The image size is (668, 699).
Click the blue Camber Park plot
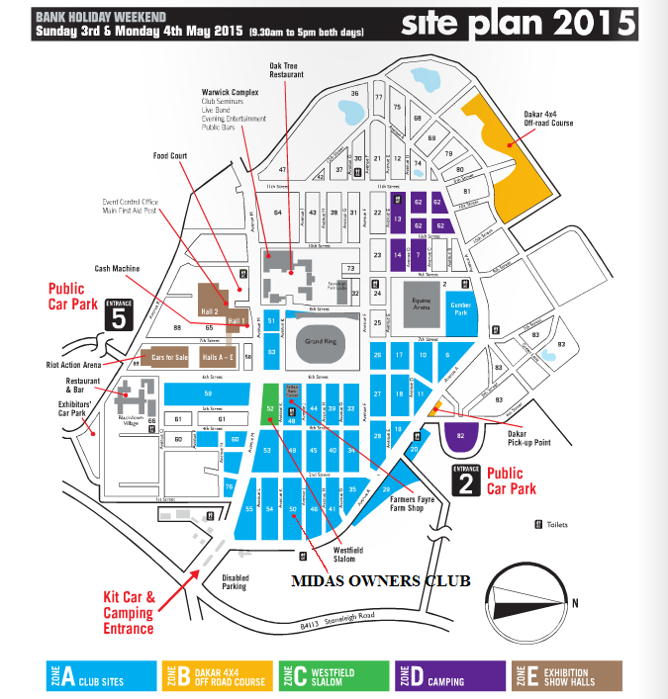tap(462, 306)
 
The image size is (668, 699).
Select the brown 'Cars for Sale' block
tap(167, 357)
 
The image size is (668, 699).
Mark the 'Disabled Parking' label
tap(236, 581)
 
